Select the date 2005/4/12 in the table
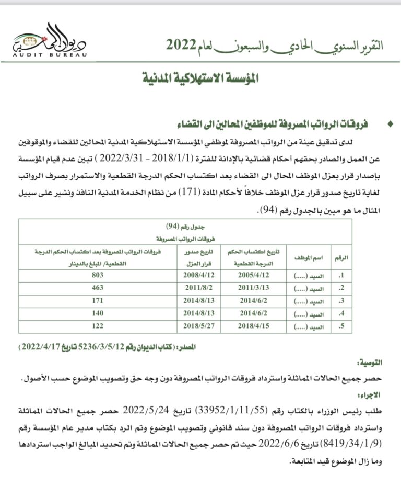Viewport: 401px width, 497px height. (x=253, y=274)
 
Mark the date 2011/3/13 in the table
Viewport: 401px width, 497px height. (x=253, y=288)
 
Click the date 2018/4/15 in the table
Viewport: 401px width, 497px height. (x=253, y=327)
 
